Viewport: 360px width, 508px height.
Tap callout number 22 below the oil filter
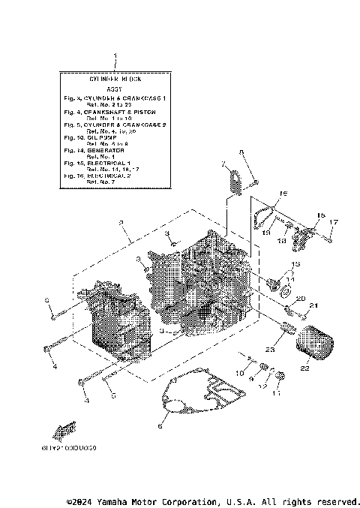(x=305, y=368)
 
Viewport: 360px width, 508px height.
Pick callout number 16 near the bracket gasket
(x=283, y=194)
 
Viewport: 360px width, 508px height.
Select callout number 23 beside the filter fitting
(x=269, y=350)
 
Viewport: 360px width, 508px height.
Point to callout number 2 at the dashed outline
(x=130, y=223)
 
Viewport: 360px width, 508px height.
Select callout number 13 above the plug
(x=295, y=265)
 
